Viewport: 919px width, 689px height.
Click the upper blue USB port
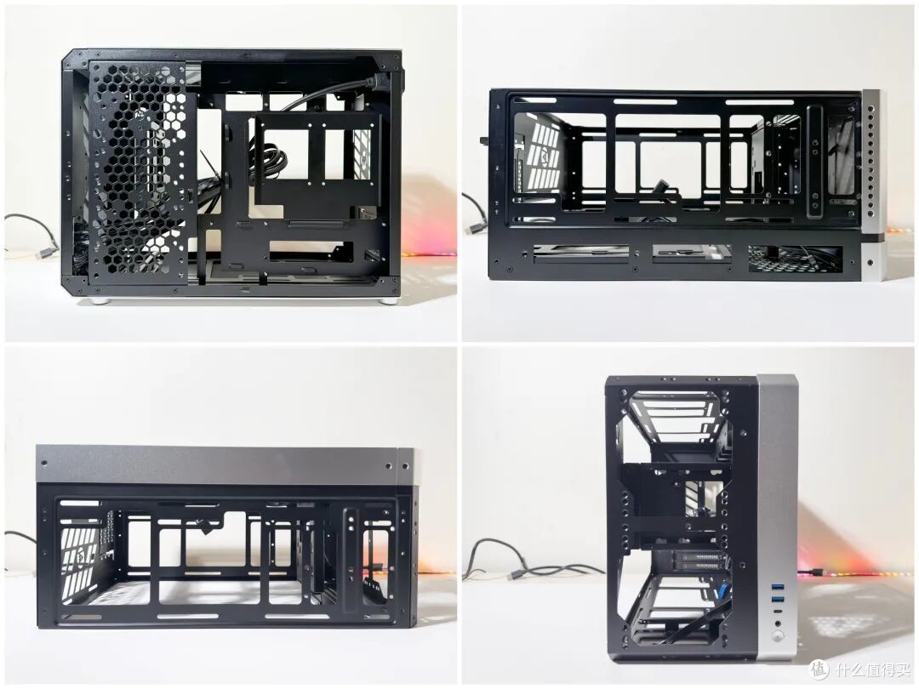click(777, 588)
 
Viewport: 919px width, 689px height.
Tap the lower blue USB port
click(777, 600)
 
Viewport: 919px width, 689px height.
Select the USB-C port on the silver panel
click(777, 611)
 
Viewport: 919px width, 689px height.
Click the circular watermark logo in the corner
click(819, 668)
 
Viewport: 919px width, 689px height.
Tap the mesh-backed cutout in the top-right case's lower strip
click(796, 259)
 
